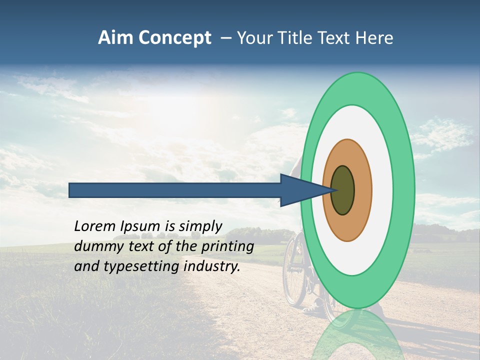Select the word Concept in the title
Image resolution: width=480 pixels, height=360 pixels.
tap(174, 38)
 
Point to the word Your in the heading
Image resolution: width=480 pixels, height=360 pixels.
tap(254, 38)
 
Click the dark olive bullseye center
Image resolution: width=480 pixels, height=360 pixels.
tap(342, 190)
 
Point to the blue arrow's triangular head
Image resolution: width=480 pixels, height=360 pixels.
tap(300, 190)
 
